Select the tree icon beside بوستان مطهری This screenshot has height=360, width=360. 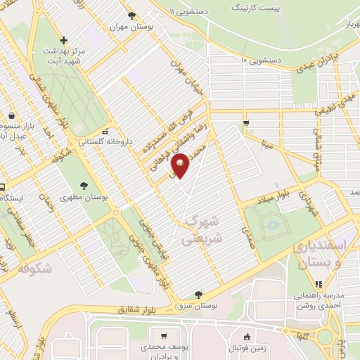point(84,186)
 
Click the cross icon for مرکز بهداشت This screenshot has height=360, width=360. point(64,40)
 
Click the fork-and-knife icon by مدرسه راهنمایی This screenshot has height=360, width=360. point(319,285)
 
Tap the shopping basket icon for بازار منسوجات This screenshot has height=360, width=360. point(12,116)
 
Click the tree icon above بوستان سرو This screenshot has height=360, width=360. point(198,295)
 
